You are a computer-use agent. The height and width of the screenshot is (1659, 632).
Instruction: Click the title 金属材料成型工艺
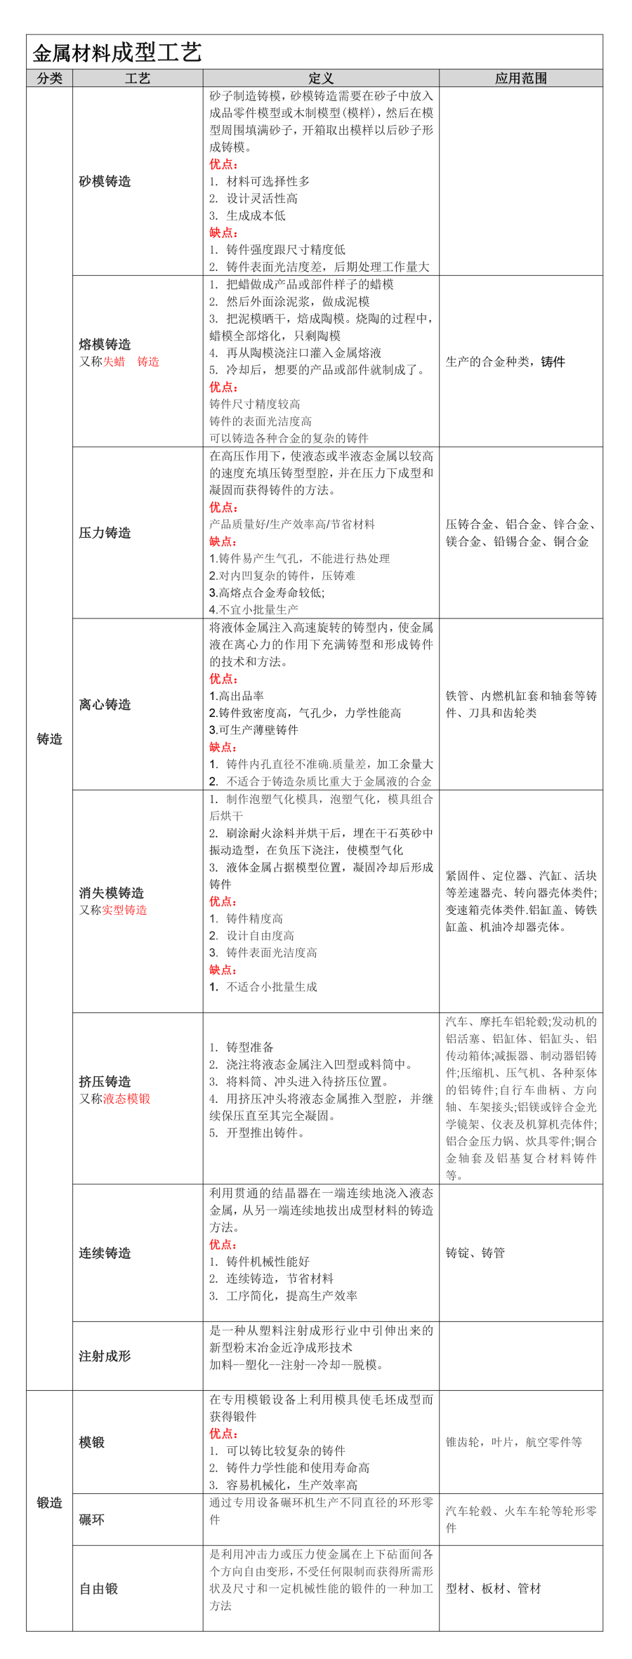(x=117, y=53)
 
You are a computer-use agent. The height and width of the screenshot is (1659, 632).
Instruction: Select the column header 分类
(x=49, y=78)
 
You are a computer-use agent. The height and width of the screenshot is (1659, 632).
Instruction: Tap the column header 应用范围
(x=520, y=78)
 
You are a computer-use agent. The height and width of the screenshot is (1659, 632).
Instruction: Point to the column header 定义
(x=321, y=78)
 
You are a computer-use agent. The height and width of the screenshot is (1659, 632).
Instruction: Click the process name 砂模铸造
(x=105, y=181)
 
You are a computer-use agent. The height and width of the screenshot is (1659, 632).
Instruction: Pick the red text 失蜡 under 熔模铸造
(x=114, y=362)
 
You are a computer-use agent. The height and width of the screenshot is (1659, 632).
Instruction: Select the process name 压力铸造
(x=105, y=533)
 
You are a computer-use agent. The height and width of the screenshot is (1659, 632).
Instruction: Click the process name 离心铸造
(x=105, y=704)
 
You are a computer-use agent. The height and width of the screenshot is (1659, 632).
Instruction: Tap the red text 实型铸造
(x=125, y=910)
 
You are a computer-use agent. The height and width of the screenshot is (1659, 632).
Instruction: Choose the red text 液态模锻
(x=127, y=1099)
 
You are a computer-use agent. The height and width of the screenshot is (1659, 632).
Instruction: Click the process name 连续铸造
(x=105, y=1253)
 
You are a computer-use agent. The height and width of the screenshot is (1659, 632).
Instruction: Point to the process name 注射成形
(x=105, y=1356)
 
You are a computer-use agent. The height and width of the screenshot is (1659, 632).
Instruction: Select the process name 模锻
(x=92, y=1442)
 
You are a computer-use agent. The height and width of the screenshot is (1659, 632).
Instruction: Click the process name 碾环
(x=92, y=1519)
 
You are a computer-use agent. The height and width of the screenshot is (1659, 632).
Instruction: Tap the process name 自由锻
(x=98, y=1588)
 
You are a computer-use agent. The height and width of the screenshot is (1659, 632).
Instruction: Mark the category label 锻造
(x=49, y=1502)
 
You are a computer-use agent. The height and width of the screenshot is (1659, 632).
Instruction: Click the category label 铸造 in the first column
(x=49, y=739)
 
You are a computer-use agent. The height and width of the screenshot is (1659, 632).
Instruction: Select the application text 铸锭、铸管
(x=475, y=1253)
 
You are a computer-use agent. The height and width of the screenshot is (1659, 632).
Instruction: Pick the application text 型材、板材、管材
(x=493, y=1588)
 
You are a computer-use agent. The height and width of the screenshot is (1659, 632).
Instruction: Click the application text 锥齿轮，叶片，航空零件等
(x=513, y=1442)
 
